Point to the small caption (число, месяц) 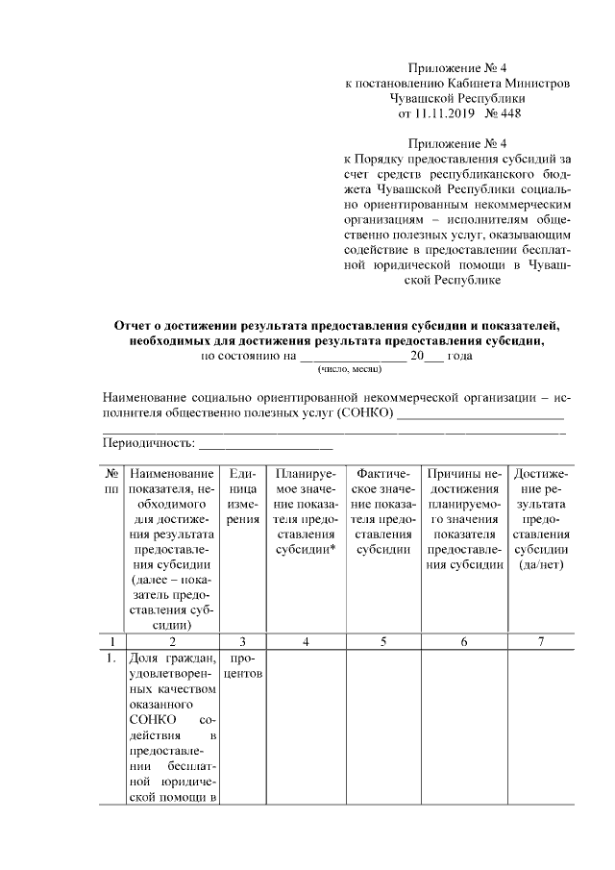pyautogui.click(x=346, y=369)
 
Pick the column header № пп pyautogui.click(x=111, y=482)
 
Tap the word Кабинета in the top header pyautogui.click(x=458, y=84)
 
